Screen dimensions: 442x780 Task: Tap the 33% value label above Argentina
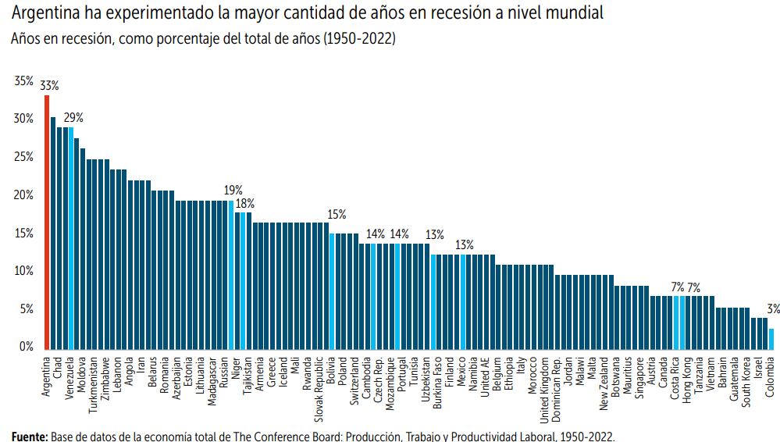(x=50, y=85)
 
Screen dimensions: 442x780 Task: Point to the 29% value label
(x=73, y=118)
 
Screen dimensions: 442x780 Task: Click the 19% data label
(x=233, y=190)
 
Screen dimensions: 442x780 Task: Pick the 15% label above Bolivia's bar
(x=337, y=214)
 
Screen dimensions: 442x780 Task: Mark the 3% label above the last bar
(x=772, y=309)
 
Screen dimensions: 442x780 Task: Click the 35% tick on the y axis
(x=23, y=80)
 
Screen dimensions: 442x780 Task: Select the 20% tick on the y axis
(x=23, y=194)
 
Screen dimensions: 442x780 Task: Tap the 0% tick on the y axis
(x=27, y=347)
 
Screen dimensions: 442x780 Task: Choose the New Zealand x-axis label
(x=604, y=383)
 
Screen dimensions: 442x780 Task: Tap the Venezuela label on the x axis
(x=70, y=379)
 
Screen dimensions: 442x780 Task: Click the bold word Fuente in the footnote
(x=29, y=436)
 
